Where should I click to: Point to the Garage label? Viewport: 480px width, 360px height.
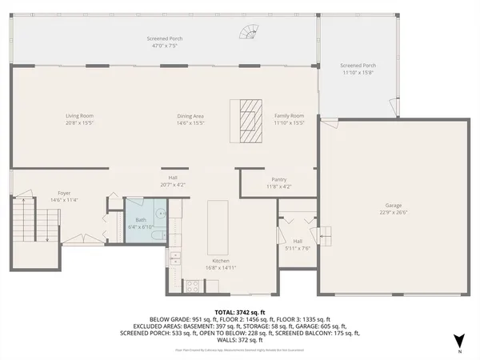[394, 206]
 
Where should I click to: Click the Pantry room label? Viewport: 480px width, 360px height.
[279, 180]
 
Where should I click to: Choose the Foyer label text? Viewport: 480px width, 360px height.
[64, 193]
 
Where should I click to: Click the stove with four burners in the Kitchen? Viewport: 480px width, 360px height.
[192, 285]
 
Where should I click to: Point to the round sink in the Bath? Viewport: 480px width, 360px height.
[160, 214]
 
